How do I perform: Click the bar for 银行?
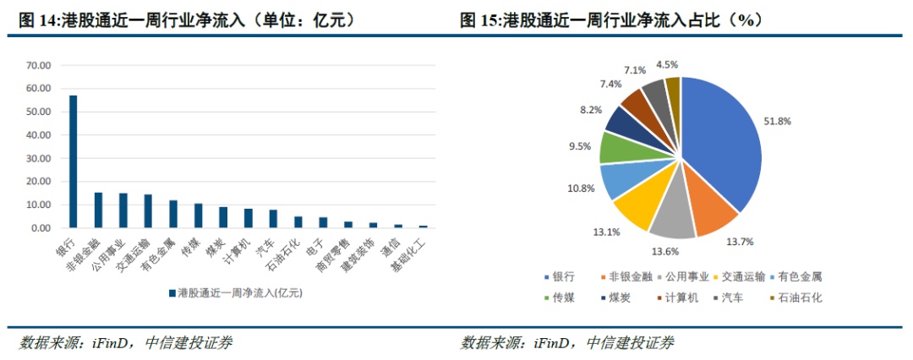(73, 161)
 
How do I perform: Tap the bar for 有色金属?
(173, 214)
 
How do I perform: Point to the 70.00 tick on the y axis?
(39, 65)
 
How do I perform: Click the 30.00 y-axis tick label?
(39, 158)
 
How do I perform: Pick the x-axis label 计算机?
(240, 251)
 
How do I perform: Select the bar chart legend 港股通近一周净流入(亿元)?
(239, 292)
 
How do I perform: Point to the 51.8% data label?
(779, 121)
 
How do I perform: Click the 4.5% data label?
(667, 65)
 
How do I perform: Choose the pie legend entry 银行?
(563, 276)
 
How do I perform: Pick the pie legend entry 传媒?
(563, 297)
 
